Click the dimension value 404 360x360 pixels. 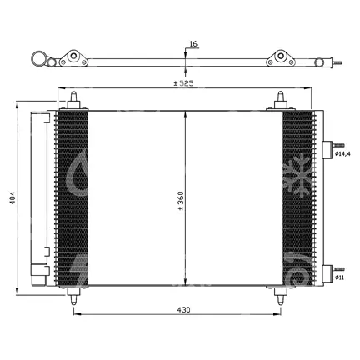[x=12, y=198]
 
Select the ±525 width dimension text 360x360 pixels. [x=183, y=83]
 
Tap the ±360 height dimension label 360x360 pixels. [x=181, y=201]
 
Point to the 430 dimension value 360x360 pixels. [x=183, y=309]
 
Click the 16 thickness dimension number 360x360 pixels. [x=193, y=44]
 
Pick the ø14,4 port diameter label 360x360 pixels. [x=342, y=153]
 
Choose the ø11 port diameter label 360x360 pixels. [x=339, y=277]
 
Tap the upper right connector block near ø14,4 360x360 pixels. [x=327, y=150]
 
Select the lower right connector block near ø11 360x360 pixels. [x=327, y=274]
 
